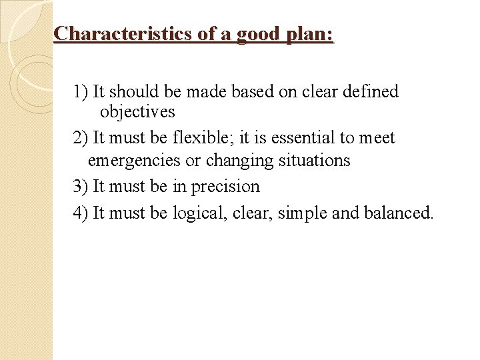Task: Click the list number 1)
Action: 81,91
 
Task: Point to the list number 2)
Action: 81,138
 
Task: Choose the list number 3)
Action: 81,187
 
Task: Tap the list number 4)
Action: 81,213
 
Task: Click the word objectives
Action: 137,112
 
